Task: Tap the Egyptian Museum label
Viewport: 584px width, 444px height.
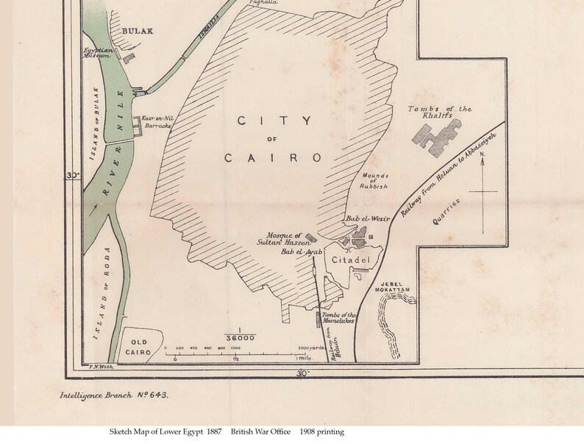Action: [x=97, y=52]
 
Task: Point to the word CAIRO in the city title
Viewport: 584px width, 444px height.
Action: [x=273, y=157]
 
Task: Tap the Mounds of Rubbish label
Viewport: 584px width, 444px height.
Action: [x=375, y=180]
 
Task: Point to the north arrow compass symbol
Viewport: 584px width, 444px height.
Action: [x=482, y=187]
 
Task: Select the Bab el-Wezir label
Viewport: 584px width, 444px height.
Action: [x=361, y=218]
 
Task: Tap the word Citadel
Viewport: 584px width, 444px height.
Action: [x=348, y=260]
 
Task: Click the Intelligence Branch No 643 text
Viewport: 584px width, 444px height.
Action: [x=114, y=395]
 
